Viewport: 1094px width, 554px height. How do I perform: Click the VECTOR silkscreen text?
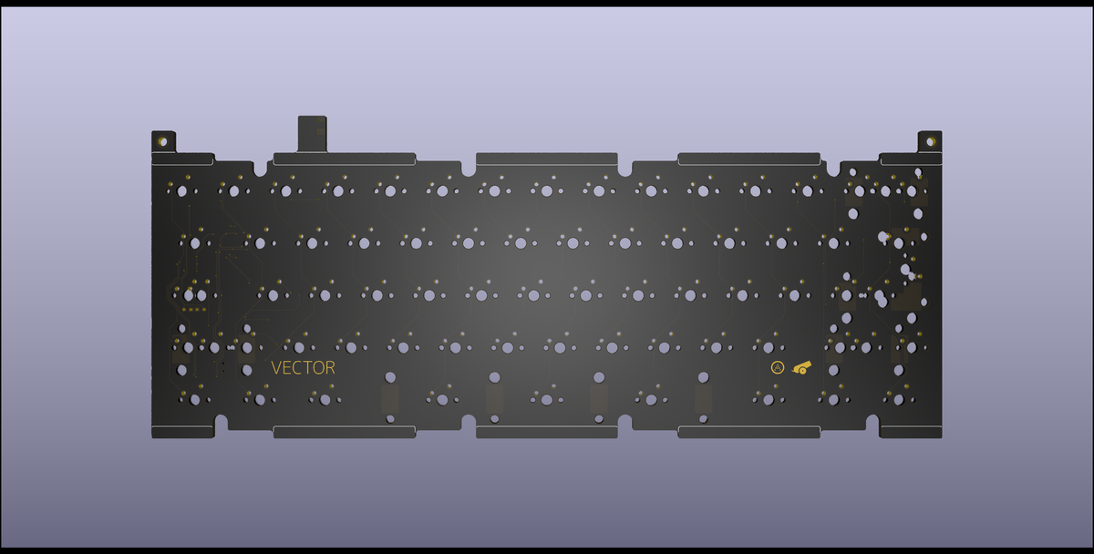tap(303, 368)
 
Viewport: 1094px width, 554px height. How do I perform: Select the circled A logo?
tap(778, 368)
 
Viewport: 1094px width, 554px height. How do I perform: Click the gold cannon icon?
tap(801, 368)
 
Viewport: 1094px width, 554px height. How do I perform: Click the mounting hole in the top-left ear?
tap(163, 141)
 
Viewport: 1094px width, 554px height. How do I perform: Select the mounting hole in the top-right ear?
tap(930, 141)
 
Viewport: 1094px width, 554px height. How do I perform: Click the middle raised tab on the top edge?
tap(547, 159)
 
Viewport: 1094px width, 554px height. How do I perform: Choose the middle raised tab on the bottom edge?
tap(547, 432)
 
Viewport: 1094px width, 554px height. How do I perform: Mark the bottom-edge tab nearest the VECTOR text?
tap(345, 432)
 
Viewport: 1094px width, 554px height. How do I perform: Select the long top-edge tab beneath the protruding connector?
tap(345, 159)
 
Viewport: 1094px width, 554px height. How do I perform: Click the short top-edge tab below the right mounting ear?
tap(911, 159)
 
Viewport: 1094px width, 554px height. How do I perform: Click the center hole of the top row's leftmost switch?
tap(182, 191)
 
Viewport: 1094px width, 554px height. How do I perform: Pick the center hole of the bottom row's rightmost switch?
tap(898, 399)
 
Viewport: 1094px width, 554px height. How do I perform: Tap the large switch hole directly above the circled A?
tap(769, 347)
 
